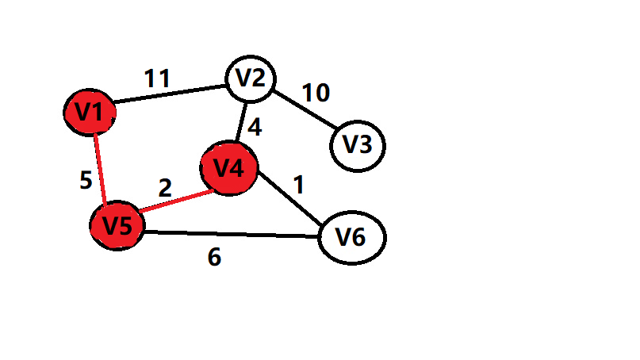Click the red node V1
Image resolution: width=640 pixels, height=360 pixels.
coord(90,113)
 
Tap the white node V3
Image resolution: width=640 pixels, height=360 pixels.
coord(357,145)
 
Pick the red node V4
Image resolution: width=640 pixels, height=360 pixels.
coord(229,168)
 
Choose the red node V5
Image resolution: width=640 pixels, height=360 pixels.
coord(117,225)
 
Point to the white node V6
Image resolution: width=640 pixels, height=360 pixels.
coord(351,237)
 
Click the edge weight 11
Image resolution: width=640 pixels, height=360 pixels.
coord(157,79)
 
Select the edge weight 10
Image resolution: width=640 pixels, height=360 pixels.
coord(315,93)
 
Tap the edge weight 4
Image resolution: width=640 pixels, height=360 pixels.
coord(254,127)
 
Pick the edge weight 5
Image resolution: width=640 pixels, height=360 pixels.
coord(86,181)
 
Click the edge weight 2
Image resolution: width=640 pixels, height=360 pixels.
coord(165,188)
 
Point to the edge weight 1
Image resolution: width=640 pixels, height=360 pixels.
coord(298,185)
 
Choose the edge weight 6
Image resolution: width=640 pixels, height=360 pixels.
coord(214,258)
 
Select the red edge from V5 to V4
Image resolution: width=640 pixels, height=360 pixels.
coord(174,205)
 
